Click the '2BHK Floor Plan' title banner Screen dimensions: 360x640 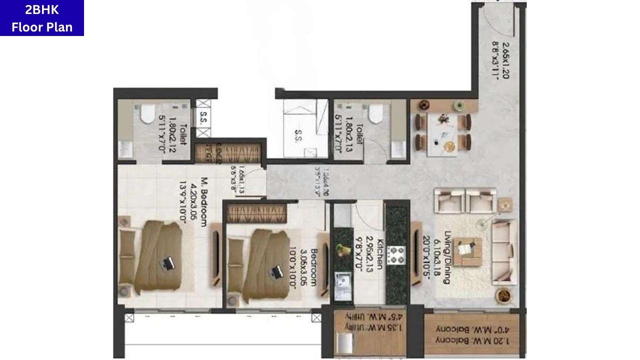[x=42, y=18]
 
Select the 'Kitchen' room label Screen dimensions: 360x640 [x=379, y=253]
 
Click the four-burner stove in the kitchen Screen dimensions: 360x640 [x=398, y=255]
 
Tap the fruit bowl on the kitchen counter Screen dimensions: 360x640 [x=343, y=249]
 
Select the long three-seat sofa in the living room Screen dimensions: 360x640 [x=504, y=251]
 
